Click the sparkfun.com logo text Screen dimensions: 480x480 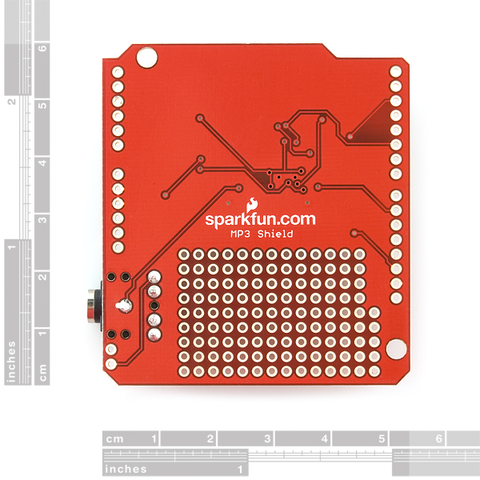(x=260, y=220)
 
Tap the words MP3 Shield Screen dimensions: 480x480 (x=262, y=234)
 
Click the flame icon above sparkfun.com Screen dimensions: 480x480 (x=252, y=205)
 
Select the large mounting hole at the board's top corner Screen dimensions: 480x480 (x=146, y=57)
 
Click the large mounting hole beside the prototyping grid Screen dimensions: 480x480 (x=397, y=348)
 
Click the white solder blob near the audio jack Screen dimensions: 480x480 (x=124, y=306)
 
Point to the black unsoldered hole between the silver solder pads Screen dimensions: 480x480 (x=154, y=306)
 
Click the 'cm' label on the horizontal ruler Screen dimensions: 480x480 (x=114, y=439)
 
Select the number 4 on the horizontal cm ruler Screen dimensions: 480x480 (x=324, y=438)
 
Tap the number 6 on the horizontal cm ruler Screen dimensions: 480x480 (x=438, y=438)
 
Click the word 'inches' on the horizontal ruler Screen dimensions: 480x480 (x=126, y=469)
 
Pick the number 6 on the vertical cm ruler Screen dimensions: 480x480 (x=43, y=48)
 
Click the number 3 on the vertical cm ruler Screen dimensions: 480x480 (x=43, y=219)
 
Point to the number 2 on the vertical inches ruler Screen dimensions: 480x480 (x=12, y=102)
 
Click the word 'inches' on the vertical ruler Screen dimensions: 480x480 (x=12, y=362)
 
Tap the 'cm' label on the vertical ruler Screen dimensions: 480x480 (x=43, y=372)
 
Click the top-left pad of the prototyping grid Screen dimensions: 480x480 (x=184, y=254)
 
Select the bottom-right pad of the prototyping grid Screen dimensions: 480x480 (x=374, y=371)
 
